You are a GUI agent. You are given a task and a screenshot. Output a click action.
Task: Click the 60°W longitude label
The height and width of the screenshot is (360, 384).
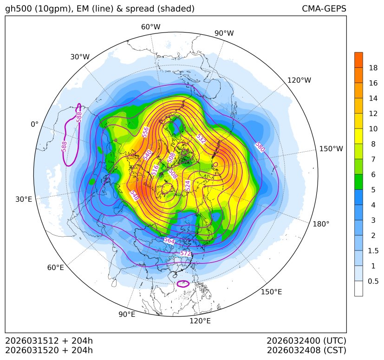[150, 27]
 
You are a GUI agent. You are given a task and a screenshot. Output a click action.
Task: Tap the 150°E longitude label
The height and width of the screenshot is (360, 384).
[271, 292]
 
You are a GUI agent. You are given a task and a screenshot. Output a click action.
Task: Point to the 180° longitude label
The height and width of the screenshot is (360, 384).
[321, 224]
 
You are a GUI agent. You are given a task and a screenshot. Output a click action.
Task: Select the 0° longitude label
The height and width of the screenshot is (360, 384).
[34, 124]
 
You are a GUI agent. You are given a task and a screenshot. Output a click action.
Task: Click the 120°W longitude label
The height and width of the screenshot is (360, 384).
[299, 80]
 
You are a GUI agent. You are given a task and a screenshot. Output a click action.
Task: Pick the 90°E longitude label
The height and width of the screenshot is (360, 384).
[127, 315]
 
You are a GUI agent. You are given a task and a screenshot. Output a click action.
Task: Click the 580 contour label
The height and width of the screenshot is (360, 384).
[260, 147]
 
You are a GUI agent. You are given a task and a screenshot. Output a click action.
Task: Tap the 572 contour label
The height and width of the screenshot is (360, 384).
[186, 254]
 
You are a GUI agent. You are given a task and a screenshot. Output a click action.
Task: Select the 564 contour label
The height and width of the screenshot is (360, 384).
[169, 240]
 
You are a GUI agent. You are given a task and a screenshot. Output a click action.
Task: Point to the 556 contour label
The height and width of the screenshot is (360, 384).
[145, 132]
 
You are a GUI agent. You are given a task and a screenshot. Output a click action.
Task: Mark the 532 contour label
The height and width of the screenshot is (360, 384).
[201, 139]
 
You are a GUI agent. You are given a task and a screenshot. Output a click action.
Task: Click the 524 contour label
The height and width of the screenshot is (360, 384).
[188, 186]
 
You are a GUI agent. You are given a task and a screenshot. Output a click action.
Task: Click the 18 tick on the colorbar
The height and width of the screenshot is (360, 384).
[373, 68]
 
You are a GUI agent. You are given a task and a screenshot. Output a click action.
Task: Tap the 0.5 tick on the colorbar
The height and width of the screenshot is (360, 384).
[373, 281]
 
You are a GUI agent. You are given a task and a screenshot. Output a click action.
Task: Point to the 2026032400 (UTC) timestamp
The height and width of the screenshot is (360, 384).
[306, 341]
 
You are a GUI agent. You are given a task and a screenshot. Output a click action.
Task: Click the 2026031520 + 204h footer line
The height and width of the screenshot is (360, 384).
[49, 350]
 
